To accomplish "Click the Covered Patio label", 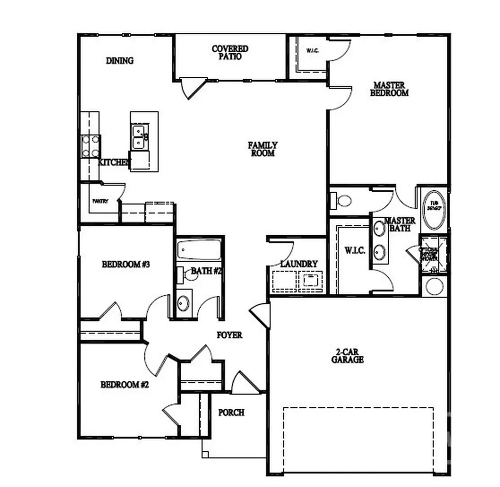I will point(230,52).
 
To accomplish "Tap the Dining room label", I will point(120,61).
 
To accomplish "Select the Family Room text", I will point(263,149).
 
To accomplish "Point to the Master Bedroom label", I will point(389,89).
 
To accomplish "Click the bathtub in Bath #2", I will point(199,249).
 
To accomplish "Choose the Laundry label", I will point(299,264).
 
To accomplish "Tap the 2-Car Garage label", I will point(347,355).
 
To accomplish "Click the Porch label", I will point(231,413).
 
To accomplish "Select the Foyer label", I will point(229,335).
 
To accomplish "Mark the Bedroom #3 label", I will point(125,265).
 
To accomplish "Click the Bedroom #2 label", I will point(125,385).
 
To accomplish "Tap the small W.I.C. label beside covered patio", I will point(312,51).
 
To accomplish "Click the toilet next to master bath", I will point(344,200).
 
